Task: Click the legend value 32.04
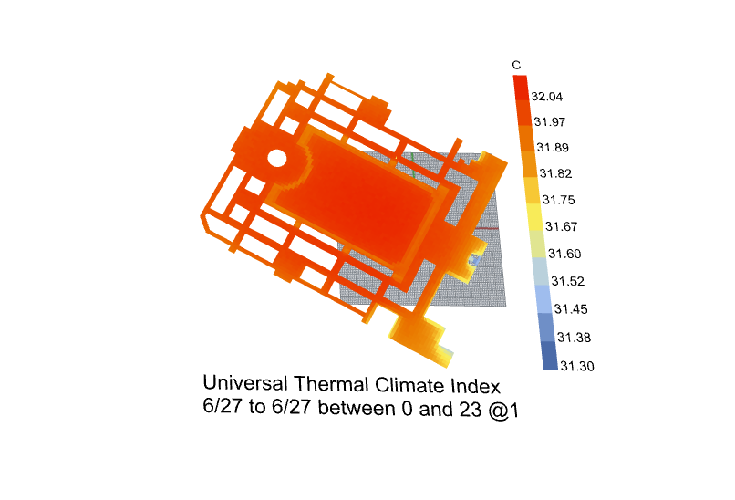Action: [546, 97]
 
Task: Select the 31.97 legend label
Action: [549, 122]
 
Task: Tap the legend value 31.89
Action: [553, 148]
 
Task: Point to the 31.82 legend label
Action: [555, 174]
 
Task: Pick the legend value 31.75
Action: [558, 201]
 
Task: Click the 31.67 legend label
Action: [561, 227]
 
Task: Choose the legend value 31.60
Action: [564, 255]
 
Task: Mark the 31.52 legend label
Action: [567, 281]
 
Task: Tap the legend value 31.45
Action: [571, 309]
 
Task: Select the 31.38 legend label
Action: [574, 338]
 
